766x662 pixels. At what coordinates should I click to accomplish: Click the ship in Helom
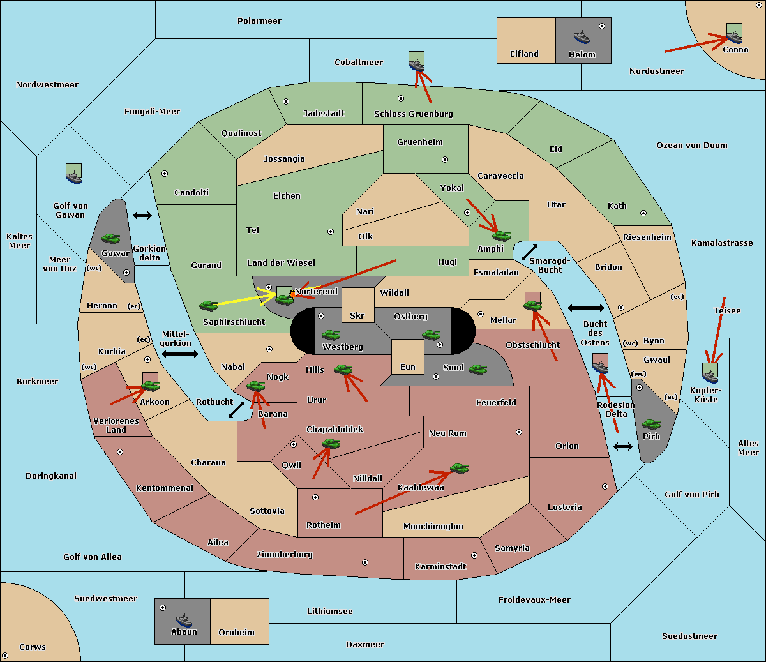(x=582, y=36)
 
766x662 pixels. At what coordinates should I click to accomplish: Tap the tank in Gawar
(x=111, y=238)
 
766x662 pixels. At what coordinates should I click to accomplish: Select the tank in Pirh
(x=651, y=424)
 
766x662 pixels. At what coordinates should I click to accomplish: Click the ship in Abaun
(x=184, y=620)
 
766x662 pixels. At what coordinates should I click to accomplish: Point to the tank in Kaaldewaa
(x=459, y=469)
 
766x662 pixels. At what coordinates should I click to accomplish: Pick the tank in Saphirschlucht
(x=208, y=305)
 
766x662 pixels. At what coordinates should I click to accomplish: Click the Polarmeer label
(x=259, y=21)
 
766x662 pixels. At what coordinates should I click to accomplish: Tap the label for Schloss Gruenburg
(x=414, y=114)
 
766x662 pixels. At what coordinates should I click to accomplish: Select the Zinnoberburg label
(x=285, y=555)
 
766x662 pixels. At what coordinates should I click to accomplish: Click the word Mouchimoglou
(x=433, y=526)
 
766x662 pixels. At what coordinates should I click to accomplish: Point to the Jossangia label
(x=284, y=159)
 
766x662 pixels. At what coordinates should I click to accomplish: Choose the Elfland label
(x=524, y=54)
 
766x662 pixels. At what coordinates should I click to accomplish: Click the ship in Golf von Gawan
(x=74, y=177)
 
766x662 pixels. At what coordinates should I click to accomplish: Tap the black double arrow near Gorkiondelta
(x=142, y=215)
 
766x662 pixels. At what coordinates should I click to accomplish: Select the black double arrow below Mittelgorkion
(x=180, y=354)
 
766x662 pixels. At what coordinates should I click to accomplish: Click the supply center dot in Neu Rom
(x=519, y=432)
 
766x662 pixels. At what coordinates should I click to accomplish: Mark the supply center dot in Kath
(x=643, y=213)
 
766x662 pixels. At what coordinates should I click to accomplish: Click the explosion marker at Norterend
(x=293, y=295)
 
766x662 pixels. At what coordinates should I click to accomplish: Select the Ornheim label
(x=236, y=632)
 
